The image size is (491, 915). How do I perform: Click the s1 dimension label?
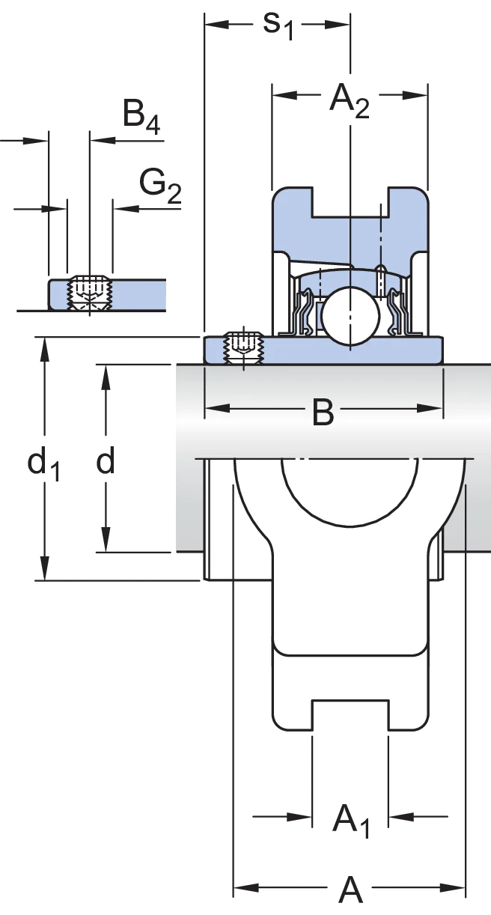pyautogui.click(x=278, y=25)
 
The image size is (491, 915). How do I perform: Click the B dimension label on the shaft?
pyautogui.click(x=323, y=412)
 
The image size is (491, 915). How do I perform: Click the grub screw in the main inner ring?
pyautogui.click(x=243, y=348)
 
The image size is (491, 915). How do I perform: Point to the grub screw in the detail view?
pyautogui.click(x=90, y=293)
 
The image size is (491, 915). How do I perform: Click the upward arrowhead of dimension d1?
pyautogui.click(x=44, y=349)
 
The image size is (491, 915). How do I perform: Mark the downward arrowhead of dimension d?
pyautogui.click(x=106, y=540)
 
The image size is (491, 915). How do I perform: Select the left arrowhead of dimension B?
pyautogui.click(x=217, y=409)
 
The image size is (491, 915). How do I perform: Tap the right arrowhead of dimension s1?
pyautogui.click(x=338, y=25)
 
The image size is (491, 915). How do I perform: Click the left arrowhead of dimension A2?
pyautogui.click(x=284, y=95)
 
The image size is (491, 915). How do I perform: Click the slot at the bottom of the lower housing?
pyautogui.click(x=350, y=715)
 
